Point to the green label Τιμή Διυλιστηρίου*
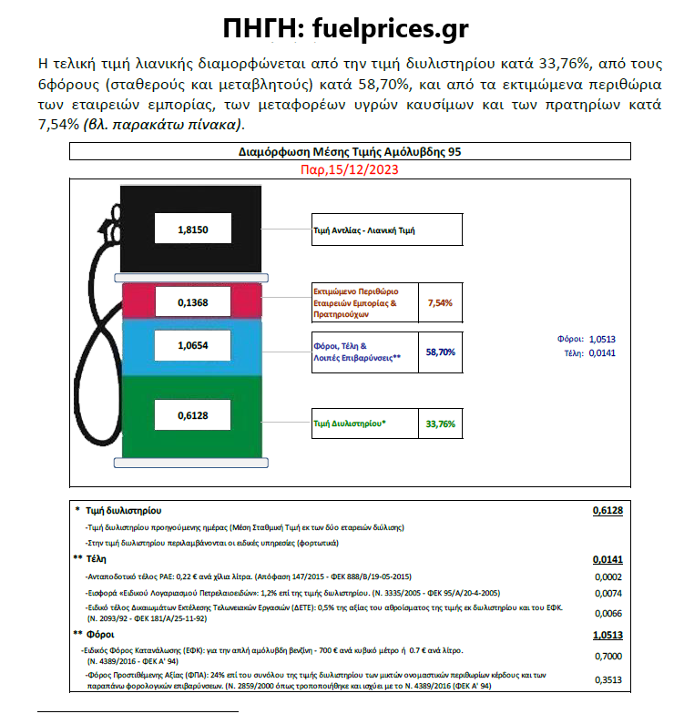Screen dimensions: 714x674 coord(349,423)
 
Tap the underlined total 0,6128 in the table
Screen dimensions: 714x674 coord(608,512)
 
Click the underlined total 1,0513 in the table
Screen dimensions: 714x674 coord(608,635)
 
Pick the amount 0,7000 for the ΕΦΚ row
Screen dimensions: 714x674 coord(608,656)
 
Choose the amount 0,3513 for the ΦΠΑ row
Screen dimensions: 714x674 coord(608,679)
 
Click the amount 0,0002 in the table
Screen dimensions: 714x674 coord(608,576)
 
